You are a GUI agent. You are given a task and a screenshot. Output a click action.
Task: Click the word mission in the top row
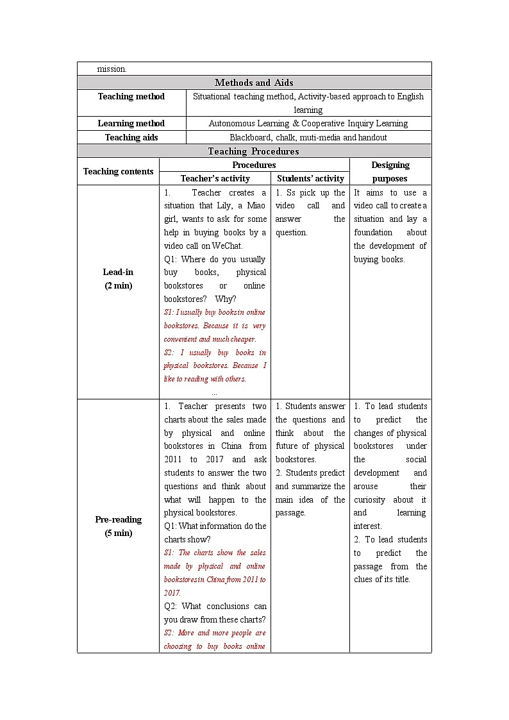coord(112,69)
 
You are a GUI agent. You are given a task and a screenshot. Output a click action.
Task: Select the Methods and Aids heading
coord(254,83)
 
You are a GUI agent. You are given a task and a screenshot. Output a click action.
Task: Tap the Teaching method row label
coord(131,97)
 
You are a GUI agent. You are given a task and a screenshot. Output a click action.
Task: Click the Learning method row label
coord(131,124)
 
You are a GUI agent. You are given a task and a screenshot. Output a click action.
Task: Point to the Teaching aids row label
coord(131,137)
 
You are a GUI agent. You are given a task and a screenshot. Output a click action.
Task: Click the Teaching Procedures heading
coord(253,151)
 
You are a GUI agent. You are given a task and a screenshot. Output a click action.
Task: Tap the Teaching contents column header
coord(118,171)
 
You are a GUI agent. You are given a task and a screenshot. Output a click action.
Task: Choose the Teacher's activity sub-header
coord(215,179)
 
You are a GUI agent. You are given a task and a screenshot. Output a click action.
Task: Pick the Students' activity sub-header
coord(310,179)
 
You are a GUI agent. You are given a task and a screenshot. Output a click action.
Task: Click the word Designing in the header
coord(390,165)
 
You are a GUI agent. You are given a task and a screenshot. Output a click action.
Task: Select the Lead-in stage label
coord(118,272)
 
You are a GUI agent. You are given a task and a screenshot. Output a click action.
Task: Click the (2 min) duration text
coord(118,286)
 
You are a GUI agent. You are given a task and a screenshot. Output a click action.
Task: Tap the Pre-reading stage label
coord(118,519)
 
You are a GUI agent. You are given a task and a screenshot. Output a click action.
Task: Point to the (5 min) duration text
coord(118,533)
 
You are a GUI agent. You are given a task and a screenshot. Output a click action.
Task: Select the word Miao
coord(256,206)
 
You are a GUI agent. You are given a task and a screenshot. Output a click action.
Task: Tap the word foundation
coord(372,233)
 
